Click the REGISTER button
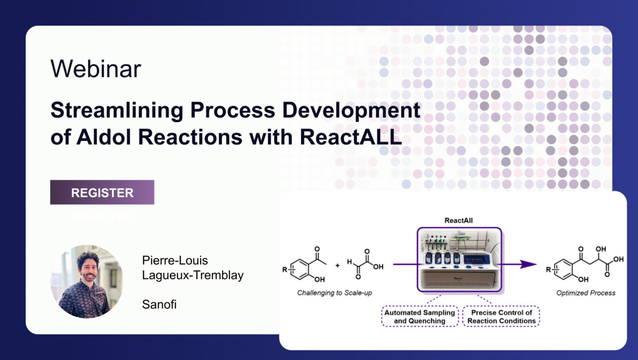[x=102, y=192]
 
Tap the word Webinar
[x=95, y=69]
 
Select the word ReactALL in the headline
[x=351, y=137]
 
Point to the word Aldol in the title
[x=103, y=137]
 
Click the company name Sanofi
[x=159, y=304]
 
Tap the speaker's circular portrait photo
[x=87, y=282]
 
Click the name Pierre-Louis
[x=175, y=260]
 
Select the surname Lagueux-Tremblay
[x=193, y=275]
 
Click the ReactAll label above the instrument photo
[x=458, y=221]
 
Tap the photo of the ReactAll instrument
[x=459, y=259]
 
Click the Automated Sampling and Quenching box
[x=420, y=317]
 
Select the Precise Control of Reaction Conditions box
[x=501, y=317]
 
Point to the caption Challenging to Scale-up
[x=335, y=293]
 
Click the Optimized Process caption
[x=586, y=293]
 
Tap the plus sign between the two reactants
[x=337, y=266]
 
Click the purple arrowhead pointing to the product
[x=528, y=264]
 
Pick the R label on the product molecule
[x=548, y=269]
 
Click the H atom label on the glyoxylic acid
[x=349, y=261]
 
